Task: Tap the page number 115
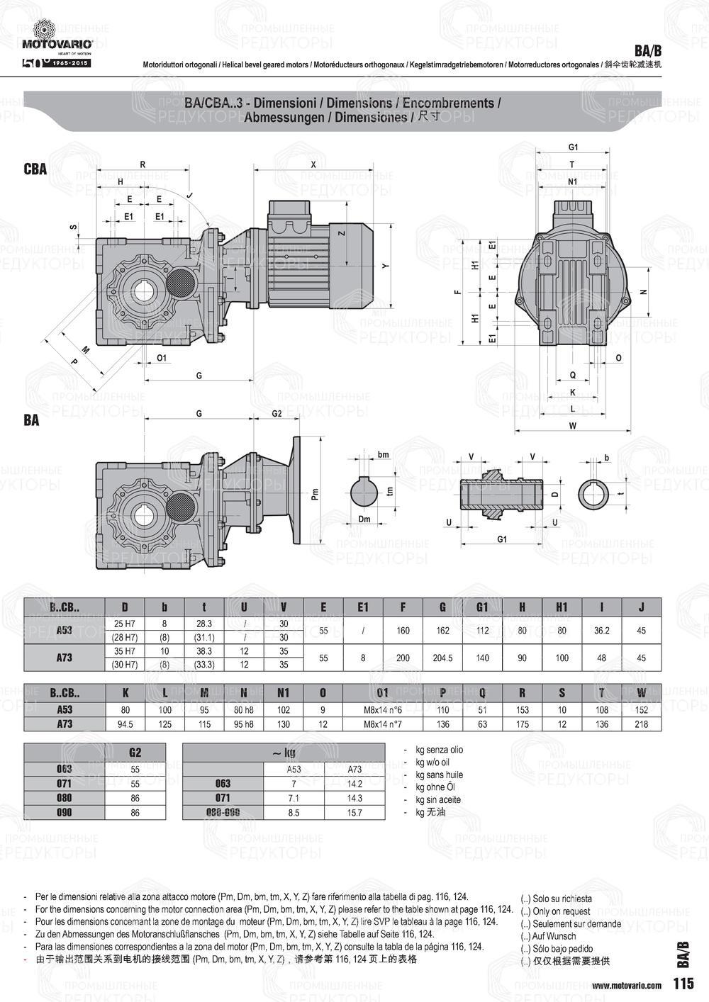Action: pyautogui.click(x=683, y=984)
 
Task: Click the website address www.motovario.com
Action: pyautogui.click(x=626, y=985)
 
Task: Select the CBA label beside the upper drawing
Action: pyautogui.click(x=35, y=169)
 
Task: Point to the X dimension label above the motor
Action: pyautogui.click(x=313, y=164)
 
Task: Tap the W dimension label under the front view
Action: pyautogui.click(x=572, y=426)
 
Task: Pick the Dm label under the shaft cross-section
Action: pyautogui.click(x=364, y=519)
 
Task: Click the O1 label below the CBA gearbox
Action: pyautogui.click(x=162, y=358)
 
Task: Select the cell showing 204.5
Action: pyautogui.click(x=442, y=658)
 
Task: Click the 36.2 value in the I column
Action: pyautogui.click(x=601, y=630)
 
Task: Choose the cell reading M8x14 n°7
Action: pyautogui.click(x=383, y=724)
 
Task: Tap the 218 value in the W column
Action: pyautogui.click(x=641, y=724)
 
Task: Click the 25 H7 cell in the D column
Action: pyautogui.click(x=125, y=624)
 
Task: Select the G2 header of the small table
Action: pyautogui.click(x=135, y=752)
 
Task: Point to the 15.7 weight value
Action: pyautogui.click(x=354, y=813)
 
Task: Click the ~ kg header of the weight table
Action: pyautogui.click(x=284, y=752)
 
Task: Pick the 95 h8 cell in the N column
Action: pyautogui.click(x=243, y=724)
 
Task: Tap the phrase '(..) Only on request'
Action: pyautogui.click(x=556, y=911)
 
